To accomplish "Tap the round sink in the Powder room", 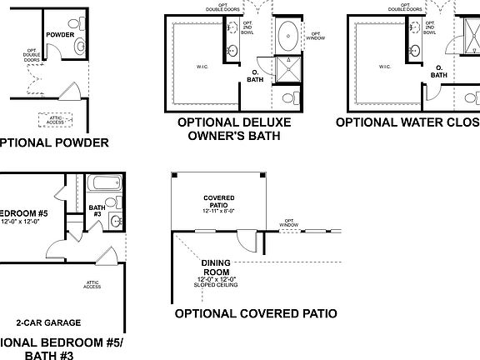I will point(81,45).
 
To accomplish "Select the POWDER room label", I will point(60,35).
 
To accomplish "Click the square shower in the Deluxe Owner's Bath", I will point(289,70).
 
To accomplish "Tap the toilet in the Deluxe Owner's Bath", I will point(288,98).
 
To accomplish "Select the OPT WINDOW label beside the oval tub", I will point(316,36).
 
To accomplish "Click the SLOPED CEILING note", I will point(217,285).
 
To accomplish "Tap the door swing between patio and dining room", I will point(247,242).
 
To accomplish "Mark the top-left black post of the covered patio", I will point(173,175).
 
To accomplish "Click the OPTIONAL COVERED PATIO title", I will point(255,314).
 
